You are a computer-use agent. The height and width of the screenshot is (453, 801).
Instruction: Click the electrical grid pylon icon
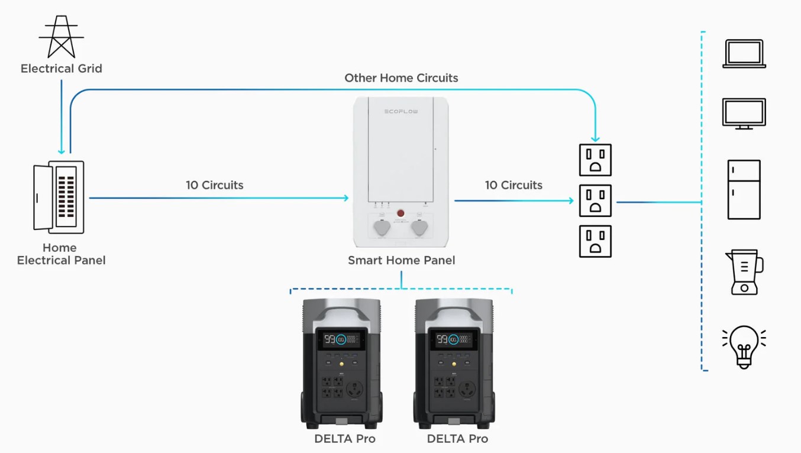pyautogui.click(x=61, y=36)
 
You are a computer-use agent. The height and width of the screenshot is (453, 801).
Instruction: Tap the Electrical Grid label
pyautogui.click(x=62, y=69)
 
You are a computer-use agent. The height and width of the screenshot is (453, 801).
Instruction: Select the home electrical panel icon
pyautogui.click(x=59, y=197)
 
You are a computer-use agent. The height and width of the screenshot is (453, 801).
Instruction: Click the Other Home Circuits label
pyautogui.click(x=401, y=78)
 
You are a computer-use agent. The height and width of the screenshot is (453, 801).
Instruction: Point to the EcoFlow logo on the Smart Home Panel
pyautogui.click(x=401, y=111)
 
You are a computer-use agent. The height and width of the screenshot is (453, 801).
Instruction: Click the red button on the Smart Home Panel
pyautogui.click(x=400, y=213)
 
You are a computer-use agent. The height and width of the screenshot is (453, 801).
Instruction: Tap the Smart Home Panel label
pyautogui.click(x=401, y=260)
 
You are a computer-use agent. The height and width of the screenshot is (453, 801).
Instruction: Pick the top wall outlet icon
pyautogui.click(x=595, y=160)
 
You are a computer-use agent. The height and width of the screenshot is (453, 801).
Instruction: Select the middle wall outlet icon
pyautogui.click(x=595, y=200)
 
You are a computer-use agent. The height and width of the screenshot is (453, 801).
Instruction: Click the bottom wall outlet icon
pyautogui.click(x=595, y=241)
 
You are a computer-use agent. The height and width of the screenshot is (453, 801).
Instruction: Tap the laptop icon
pyautogui.click(x=744, y=54)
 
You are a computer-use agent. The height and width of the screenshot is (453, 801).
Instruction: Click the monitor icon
pyautogui.click(x=744, y=114)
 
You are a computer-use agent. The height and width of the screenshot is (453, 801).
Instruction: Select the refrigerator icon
pyautogui.click(x=744, y=189)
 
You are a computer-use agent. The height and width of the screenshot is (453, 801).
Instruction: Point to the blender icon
pyautogui.click(x=744, y=272)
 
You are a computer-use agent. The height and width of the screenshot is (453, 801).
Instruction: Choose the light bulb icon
pyautogui.click(x=744, y=347)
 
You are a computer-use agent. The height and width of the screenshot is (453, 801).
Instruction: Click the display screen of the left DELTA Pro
pyautogui.click(x=341, y=339)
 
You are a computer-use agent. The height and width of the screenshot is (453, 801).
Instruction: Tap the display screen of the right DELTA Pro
pyautogui.click(x=454, y=339)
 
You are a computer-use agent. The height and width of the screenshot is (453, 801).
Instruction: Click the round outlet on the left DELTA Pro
pyautogui.click(x=355, y=389)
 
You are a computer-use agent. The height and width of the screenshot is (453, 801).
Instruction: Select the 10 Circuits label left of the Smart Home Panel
pyautogui.click(x=214, y=185)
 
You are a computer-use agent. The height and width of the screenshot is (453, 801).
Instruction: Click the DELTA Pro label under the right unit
pyautogui.click(x=457, y=439)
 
